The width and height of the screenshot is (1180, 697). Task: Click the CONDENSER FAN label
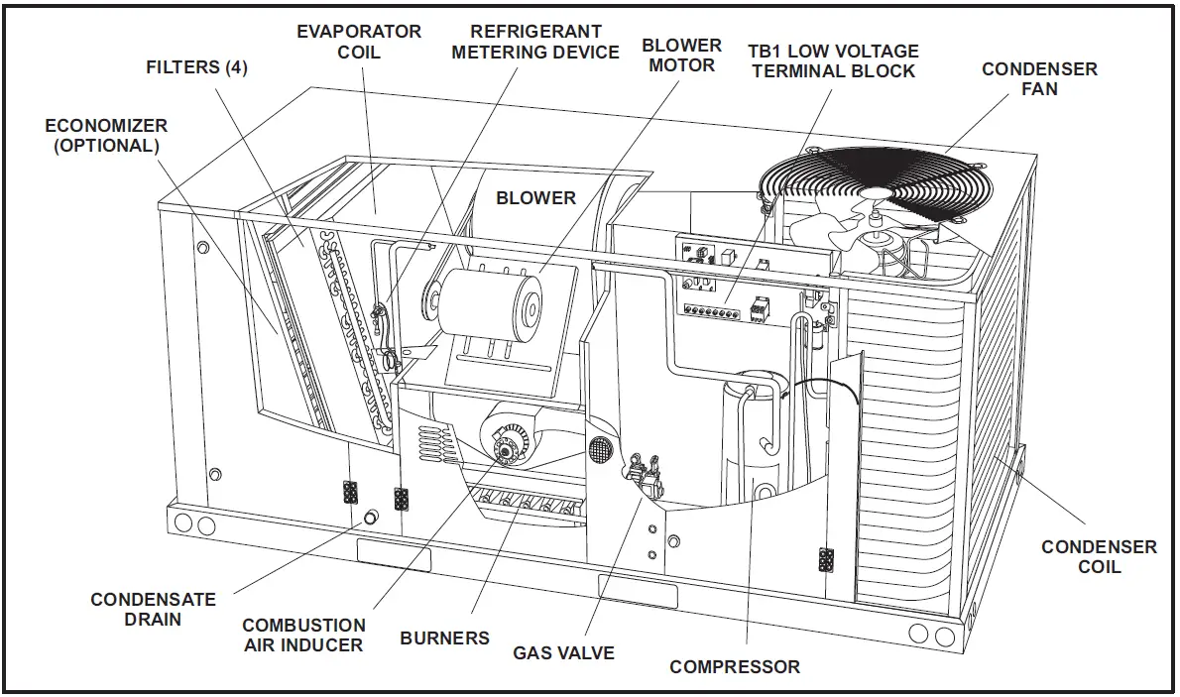[1039, 79]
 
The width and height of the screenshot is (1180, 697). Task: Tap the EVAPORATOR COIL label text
[359, 41]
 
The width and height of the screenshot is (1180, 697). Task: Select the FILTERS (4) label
[196, 68]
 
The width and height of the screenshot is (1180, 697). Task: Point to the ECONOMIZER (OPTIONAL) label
[106, 136]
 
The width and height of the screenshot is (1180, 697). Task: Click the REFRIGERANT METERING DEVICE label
[535, 42]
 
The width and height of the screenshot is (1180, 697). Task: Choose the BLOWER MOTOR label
[681, 56]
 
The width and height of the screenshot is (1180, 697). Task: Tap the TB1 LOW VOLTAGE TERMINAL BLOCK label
[834, 60]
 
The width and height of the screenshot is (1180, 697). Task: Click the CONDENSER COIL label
[1099, 556]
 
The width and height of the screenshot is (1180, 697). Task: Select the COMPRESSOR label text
[735, 667]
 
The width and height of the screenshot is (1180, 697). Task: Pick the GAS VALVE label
[563, 653]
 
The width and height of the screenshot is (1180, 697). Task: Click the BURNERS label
[444, 639]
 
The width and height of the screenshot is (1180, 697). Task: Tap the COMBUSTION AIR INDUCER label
[303, 636]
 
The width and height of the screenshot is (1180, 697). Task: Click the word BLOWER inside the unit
[535, 198]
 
